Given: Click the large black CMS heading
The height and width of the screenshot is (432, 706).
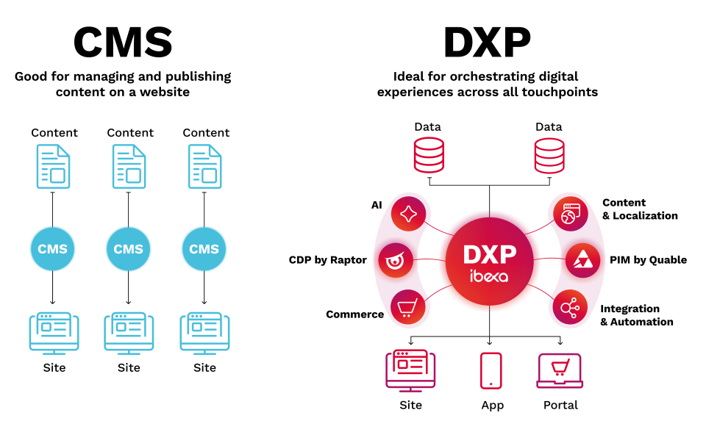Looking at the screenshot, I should (123, 42).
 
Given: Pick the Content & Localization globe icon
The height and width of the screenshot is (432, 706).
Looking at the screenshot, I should (568, 215).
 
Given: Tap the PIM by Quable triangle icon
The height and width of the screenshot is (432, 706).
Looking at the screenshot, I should (581, 260).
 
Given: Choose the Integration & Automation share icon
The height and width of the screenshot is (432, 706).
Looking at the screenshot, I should (568, 307).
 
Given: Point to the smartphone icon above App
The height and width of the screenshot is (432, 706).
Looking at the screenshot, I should (491, 371).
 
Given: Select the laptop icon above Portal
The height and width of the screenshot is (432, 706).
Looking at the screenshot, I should (560, 371).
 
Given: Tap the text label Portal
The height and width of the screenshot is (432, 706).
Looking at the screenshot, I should (560, 405).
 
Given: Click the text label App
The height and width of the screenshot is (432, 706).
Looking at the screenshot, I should (492, 405).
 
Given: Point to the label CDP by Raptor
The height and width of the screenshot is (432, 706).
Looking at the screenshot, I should (327, 260).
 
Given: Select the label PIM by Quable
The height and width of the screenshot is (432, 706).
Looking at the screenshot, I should (648, 260).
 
